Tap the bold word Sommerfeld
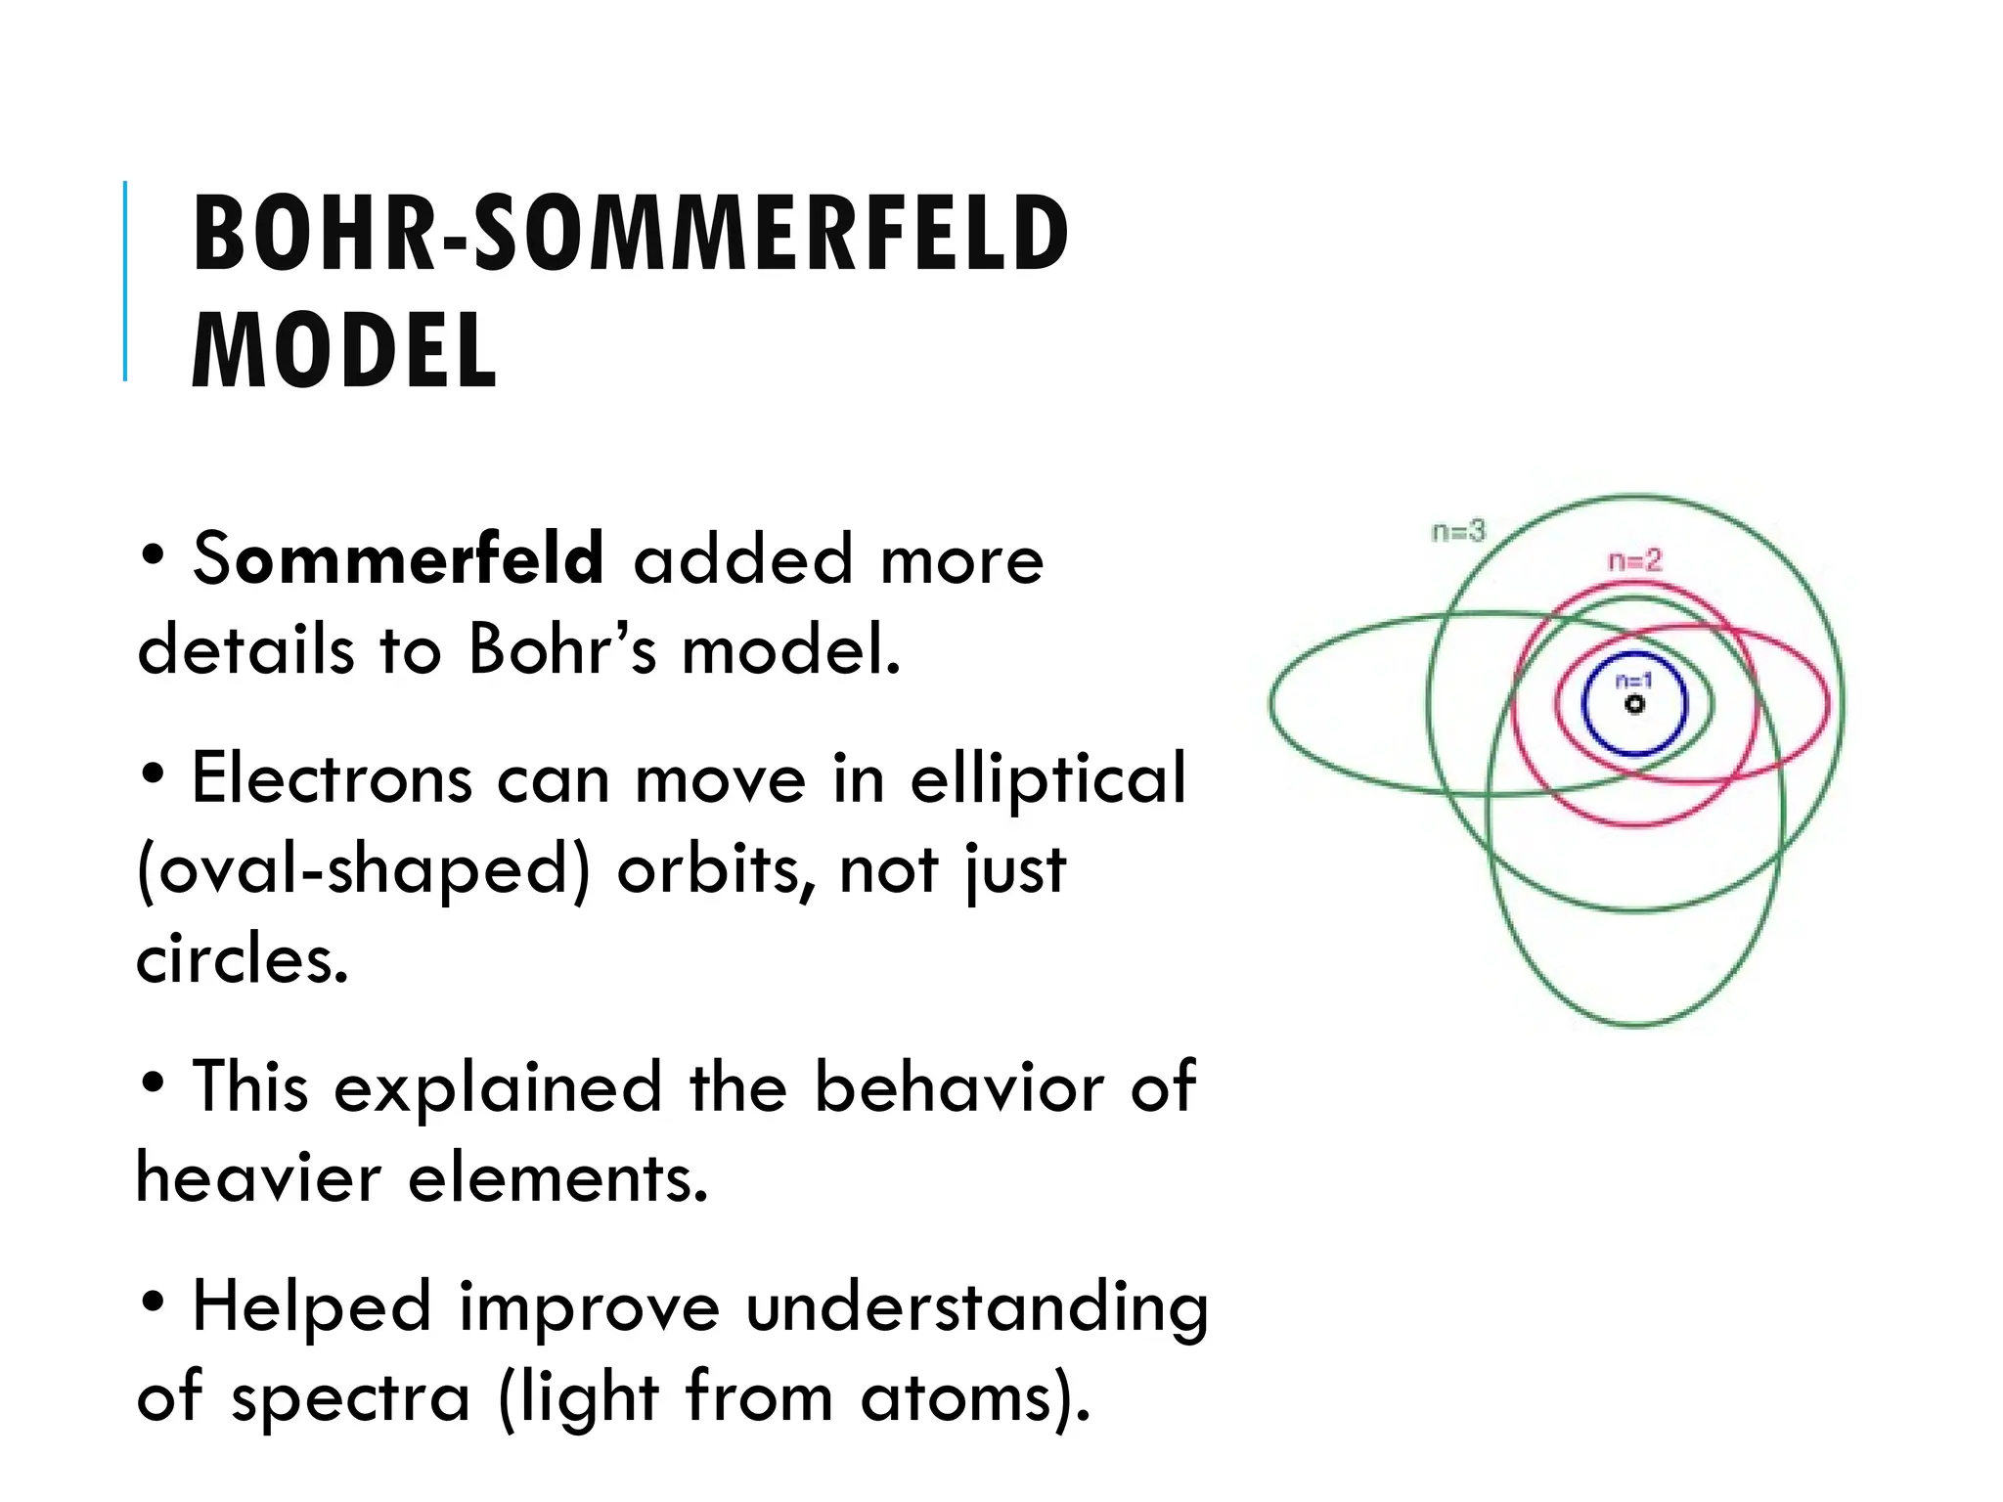(x=398, y=558)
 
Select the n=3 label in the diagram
(x=1457, y=531)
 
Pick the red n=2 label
(x=1635, y=560)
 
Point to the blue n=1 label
(x=1633, y=682)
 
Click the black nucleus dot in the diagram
(x=1634, y=704)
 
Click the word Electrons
(x=332, y=778)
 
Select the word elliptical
(x=1047, y=778)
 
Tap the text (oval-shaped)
(x=364, y=869)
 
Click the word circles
(x=241, y=959)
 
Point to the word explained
(x=498, y=1086)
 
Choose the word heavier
(x=258, y=1177)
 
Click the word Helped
(x=311, y=1306)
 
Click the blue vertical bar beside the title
(x=125, y=281)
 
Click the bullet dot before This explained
(x=152, y=1083)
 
